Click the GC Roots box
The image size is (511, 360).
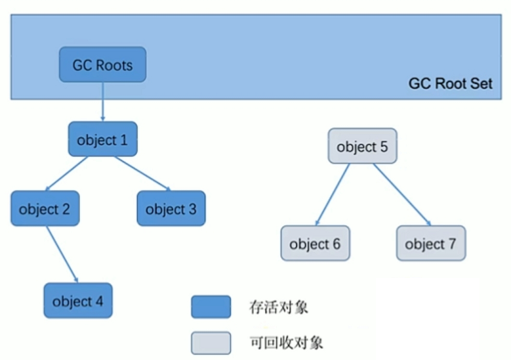click(x=103, y=65)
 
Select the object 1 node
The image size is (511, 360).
click(x=103, y=139)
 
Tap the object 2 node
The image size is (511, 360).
click(x=45, y=208)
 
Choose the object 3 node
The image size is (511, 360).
click(x=171, y=208)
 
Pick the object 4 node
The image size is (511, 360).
click(x=78, y=301)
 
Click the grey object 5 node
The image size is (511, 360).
click(x=362, y=146)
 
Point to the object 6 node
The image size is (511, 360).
click(x=315, y=243)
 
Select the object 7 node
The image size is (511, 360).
click(x=431, y=243)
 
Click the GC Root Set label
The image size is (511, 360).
click(x=450, y=83)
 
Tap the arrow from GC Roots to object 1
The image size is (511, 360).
click(x=103, y=101)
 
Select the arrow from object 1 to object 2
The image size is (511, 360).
click(x=67, y=173)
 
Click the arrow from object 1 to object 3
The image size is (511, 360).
click(x=143, y=173)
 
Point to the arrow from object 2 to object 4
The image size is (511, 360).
click(x=62, y=255)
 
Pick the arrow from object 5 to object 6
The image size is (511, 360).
click(x=333, y=195)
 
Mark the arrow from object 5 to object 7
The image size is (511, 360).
click(x=402, y=195)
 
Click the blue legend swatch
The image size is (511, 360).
click(x=211, y=307)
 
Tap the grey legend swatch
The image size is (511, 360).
click(x=211, y=343)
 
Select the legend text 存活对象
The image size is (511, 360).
click(x=278, y=307)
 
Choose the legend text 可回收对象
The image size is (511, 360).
click(x=286, y=343)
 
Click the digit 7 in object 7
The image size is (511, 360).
click(x=452, y=244)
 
